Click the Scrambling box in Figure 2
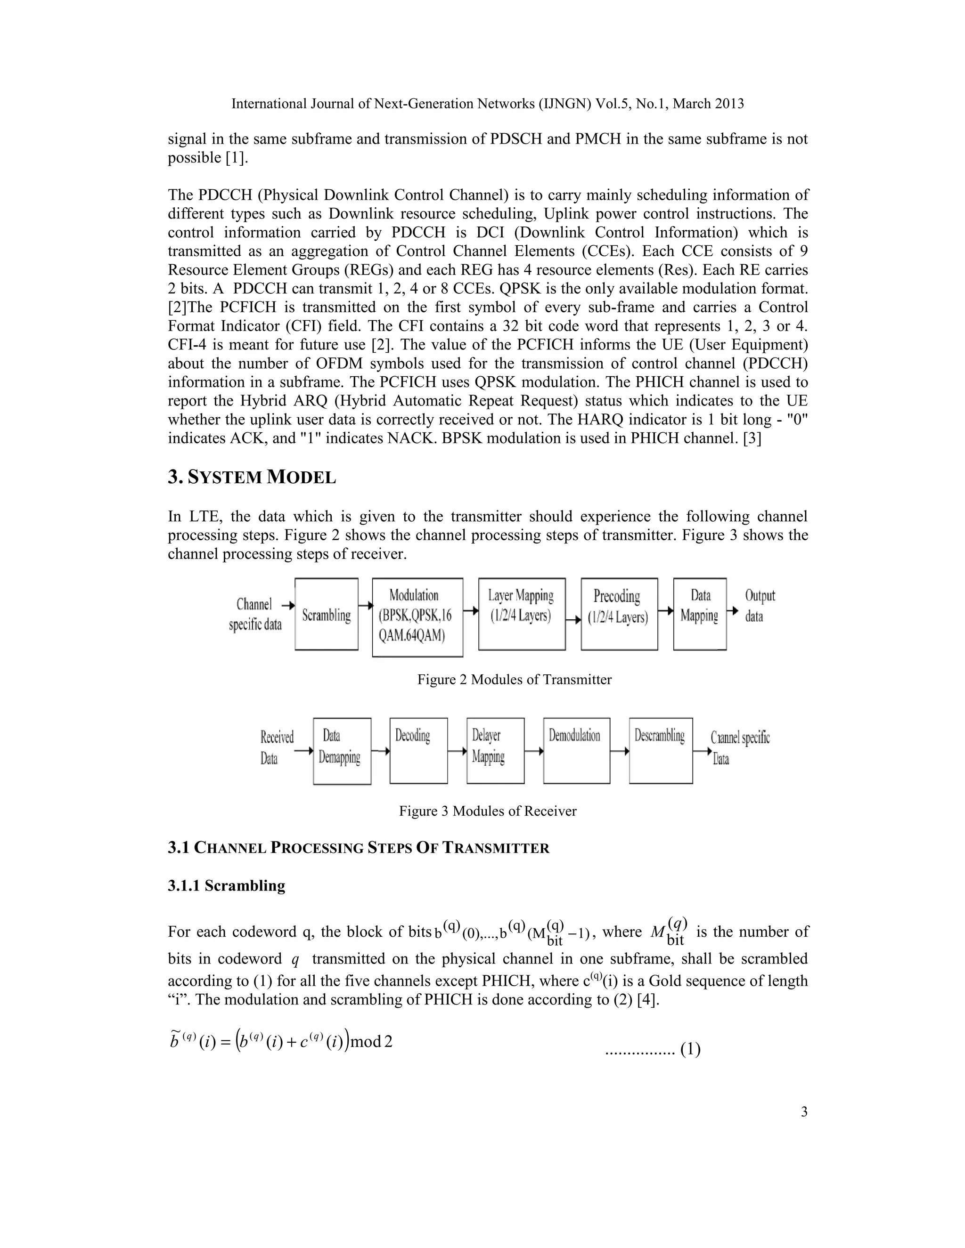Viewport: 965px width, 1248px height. pyautogui.click(x=327, y=614)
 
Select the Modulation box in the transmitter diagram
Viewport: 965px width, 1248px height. pyautogui.click(x=417, y=616)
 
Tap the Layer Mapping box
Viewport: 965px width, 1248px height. pyautogui.click(x=522, y=614)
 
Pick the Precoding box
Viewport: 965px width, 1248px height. pyautogui.click(x=619, y=614)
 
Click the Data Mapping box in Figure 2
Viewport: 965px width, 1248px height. pyautogui.click(x=700, y=614)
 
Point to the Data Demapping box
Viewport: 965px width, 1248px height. pyautogui.click(x=342, y=751)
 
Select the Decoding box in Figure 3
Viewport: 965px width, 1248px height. pyautogui.click(x=418, y=751)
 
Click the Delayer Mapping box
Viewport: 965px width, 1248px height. pyautogui.click(x=495, y=751)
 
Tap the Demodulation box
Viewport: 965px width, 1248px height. pyautogui.click(x=576, y=751)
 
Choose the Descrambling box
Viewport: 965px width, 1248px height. pyautogui.click(x=660, y=751)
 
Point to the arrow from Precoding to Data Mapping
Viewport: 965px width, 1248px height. pyautogui.click(x=665, y=611)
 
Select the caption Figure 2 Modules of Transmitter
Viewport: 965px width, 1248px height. pyautogui.click(x=514, y=680)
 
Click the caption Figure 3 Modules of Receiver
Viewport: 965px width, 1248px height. pyautogui.click(x=488, y=811)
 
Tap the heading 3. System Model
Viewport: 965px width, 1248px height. pyautogui.click(x=252, y=477)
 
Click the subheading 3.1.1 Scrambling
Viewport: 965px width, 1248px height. pyautogui.click(x=226, y=885)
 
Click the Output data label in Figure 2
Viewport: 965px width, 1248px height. pyautogui.click(x=759, y=606)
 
